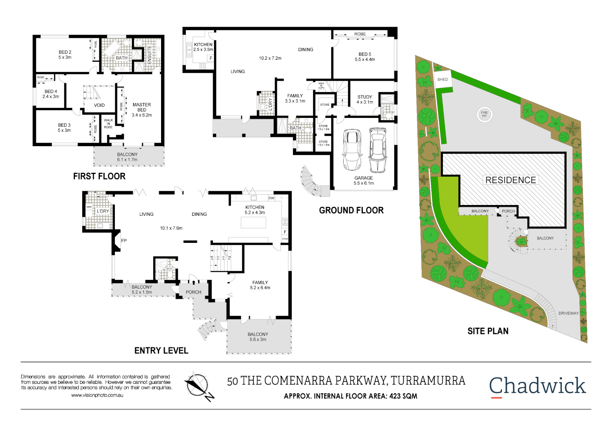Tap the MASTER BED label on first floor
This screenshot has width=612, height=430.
click(142, 107)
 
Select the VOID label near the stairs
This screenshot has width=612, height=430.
click(99, 106)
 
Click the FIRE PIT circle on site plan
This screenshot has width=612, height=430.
click(484, 115)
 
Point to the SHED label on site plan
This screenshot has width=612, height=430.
click(443, 80)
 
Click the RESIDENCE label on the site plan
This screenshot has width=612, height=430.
click(511, 180)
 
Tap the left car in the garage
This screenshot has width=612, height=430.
click(352, 149)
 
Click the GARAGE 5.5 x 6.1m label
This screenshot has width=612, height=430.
click(364, 181)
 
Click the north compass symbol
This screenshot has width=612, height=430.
click(198, 386)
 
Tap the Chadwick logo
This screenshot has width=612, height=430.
click(537, 386)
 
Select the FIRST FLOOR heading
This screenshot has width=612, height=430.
click(99, 176)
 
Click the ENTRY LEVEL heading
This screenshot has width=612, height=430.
click(161, 351)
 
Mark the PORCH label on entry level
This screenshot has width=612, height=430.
click(193, 292)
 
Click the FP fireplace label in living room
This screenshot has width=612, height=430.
click(124, 241)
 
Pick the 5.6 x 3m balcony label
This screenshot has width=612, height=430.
click(258, 337)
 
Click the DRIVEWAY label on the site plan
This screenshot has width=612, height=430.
click(568, 313)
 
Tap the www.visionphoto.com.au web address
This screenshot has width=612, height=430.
click(97, 395)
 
